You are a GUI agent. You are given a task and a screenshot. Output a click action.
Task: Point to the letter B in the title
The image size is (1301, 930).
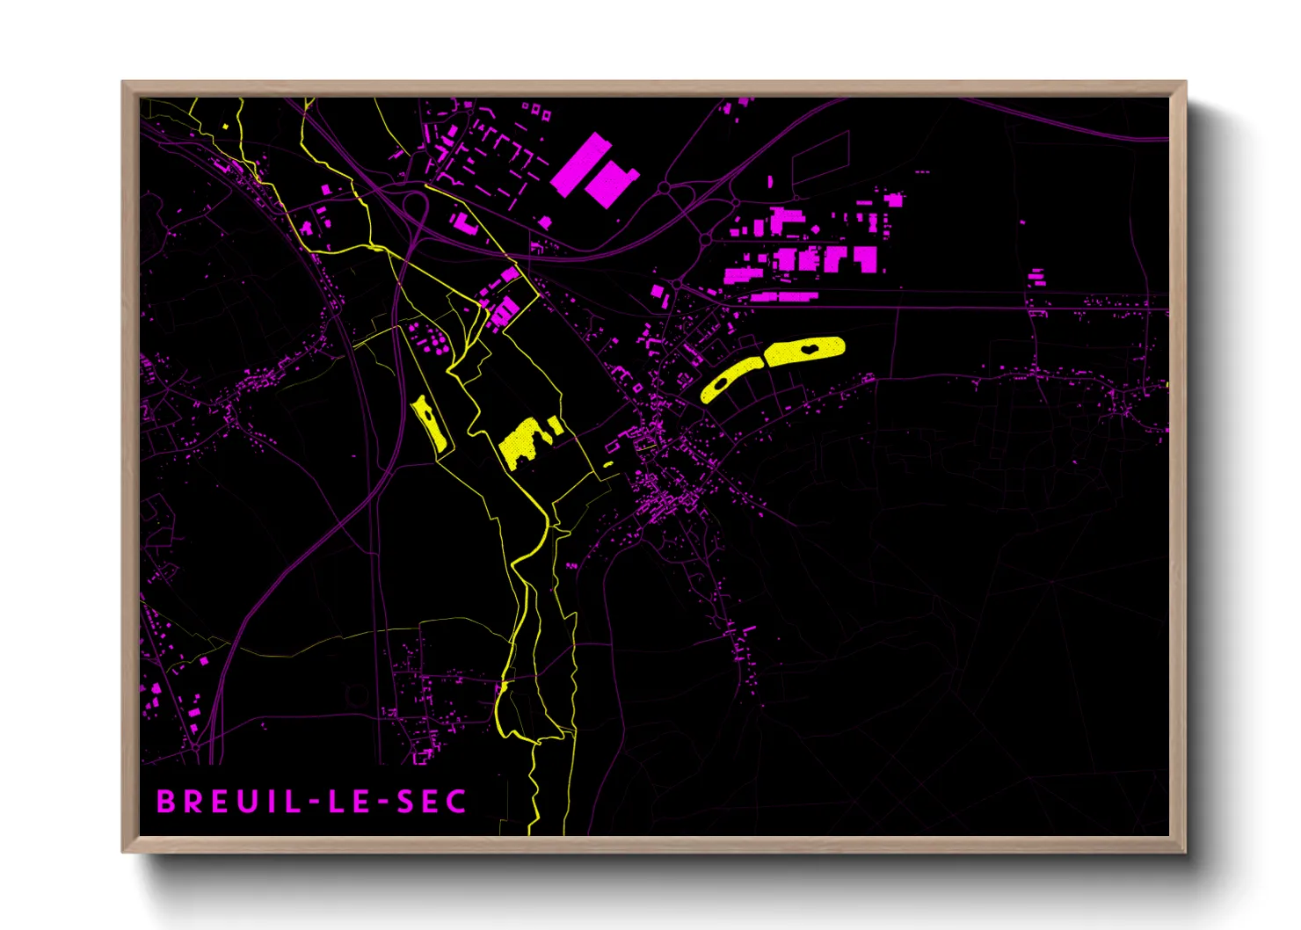click(165, 802)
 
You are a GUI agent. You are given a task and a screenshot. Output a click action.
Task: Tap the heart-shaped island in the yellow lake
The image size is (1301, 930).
click(807, 349)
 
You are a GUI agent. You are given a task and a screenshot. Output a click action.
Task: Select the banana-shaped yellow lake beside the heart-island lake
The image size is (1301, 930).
click(730, 380)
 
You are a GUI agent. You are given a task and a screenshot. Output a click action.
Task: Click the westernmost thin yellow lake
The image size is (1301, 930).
click(430, 425)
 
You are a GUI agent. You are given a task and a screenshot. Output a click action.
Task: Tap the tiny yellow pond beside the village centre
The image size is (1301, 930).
click(608, 464)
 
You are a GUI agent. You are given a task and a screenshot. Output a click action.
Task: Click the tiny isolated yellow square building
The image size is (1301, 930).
click(226, 127)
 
